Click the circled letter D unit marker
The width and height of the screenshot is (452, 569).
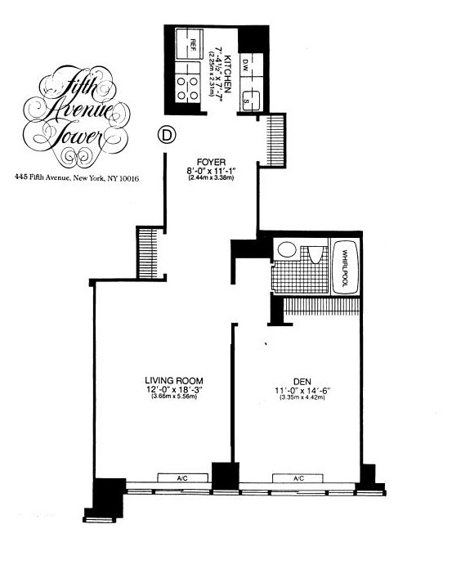[x=166, y=135]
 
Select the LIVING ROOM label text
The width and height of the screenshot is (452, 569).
[x=173, y=380]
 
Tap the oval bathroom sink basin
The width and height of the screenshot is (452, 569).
[x=286, y=250]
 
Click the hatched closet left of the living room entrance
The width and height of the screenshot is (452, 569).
[x=147, y=253]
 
